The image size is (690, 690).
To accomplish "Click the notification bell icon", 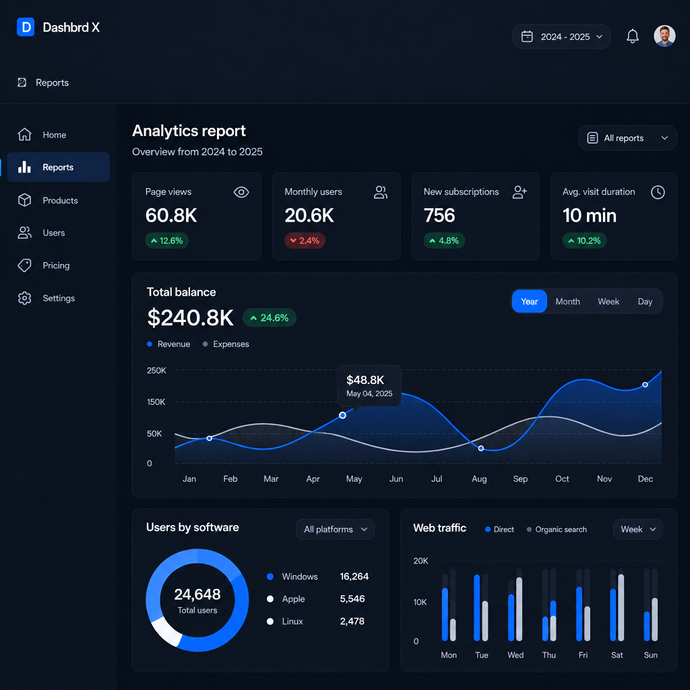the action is point(632,36).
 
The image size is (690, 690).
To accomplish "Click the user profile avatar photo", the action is point(664,36).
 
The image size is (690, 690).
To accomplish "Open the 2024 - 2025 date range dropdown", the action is point(561,36).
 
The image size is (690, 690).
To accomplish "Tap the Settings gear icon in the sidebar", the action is point(25,298).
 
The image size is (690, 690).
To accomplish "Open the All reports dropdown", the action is point(627,138).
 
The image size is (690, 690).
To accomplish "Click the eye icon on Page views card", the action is point(241,192).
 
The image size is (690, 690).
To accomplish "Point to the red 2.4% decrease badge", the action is point(305,241).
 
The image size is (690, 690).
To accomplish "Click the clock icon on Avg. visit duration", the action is point(658,192).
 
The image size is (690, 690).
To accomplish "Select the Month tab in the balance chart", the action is point(567,301).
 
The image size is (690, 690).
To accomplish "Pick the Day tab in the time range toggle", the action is point(645,301).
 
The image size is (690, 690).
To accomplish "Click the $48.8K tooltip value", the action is point(365,380).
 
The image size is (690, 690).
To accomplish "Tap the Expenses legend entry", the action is point(226,344).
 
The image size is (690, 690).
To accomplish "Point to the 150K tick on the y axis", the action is point(156,402).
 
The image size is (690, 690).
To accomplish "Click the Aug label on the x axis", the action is point(479,479).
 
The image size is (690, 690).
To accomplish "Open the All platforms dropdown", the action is point(336,529).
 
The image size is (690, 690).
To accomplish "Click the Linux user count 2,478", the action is point(352,621).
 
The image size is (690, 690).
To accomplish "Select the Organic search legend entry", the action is point(557,530).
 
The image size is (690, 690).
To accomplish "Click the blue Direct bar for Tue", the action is point(476,607).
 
